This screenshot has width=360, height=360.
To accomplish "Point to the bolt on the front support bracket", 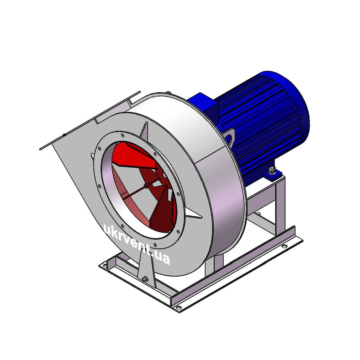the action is coord(145,279).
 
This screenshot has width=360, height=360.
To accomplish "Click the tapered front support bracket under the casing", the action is coord(146,270).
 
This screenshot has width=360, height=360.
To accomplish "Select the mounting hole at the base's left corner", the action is coord(105,266).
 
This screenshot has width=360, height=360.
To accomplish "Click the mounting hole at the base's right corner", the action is coord(284,246).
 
